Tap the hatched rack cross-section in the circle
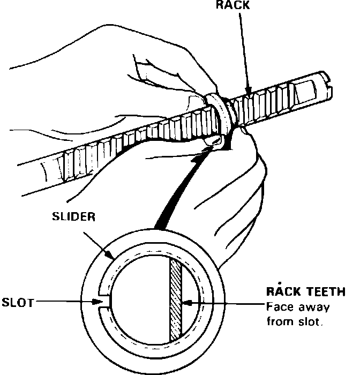(x=176, y=300)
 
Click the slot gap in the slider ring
(x=105, y=302)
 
